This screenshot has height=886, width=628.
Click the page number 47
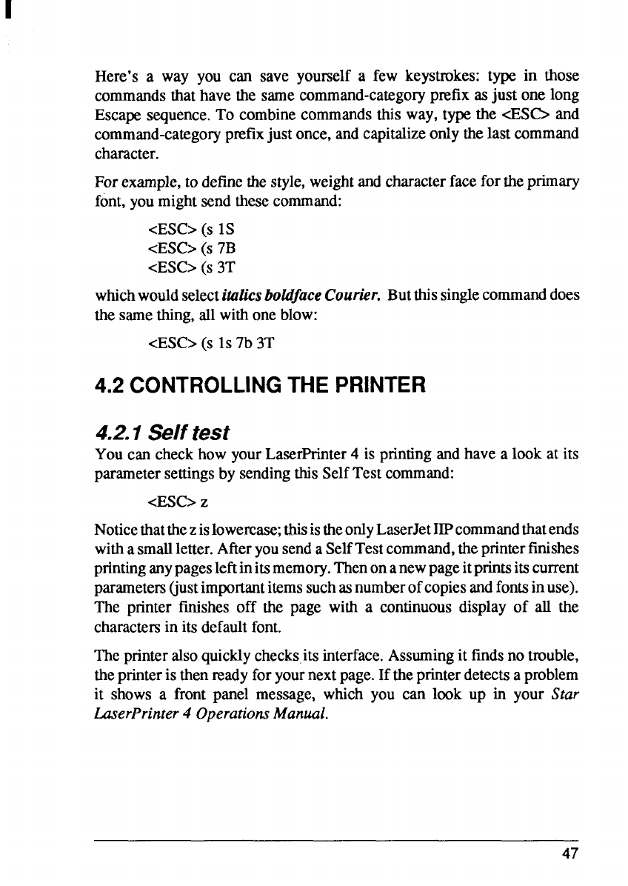click(569, 853)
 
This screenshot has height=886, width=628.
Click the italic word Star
click(567, 676)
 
